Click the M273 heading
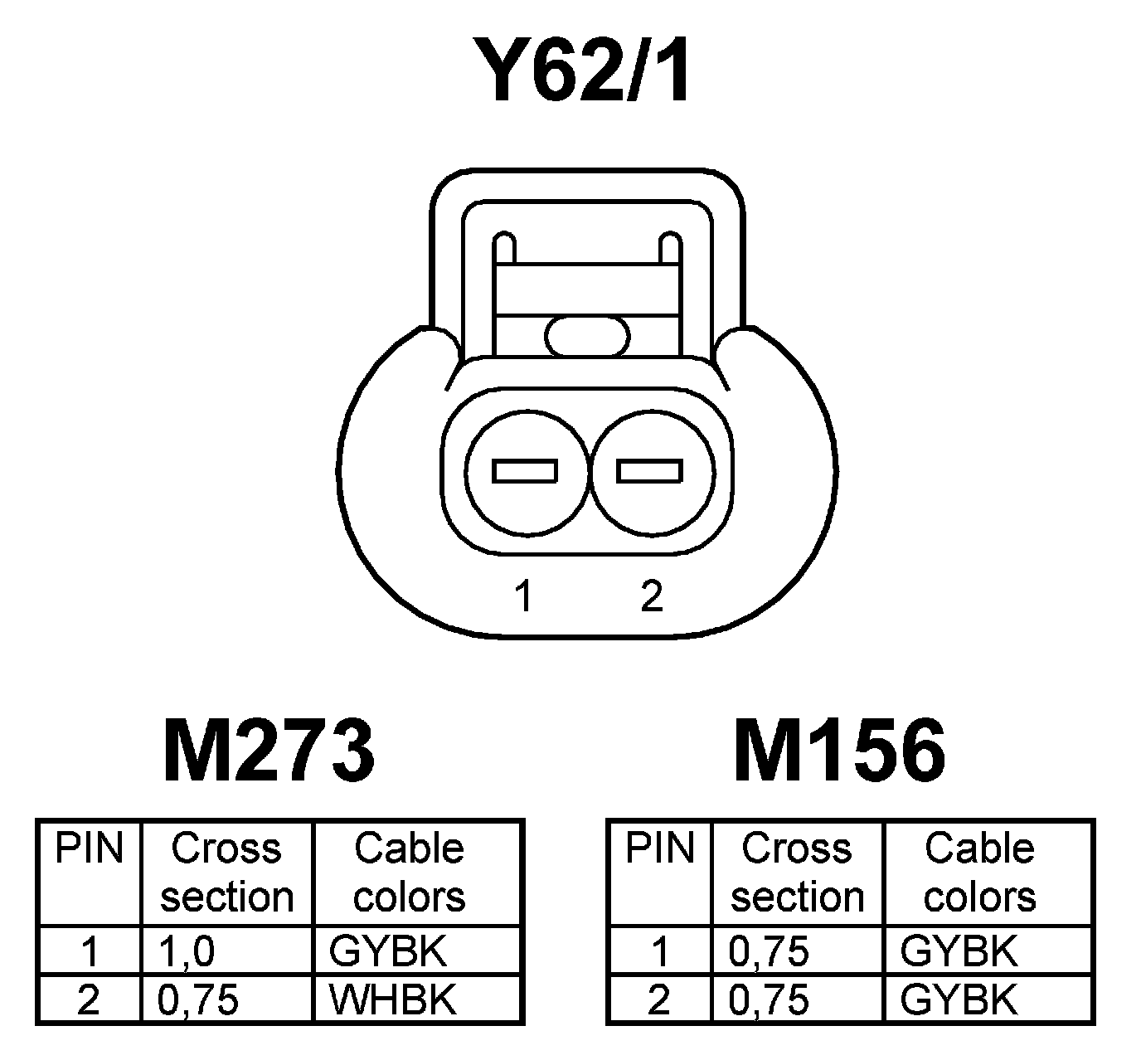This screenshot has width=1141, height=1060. click(x=269, y=752)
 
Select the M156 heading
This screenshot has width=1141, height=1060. click(x=839, y=752)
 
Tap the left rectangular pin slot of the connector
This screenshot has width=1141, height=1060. click(x=525, y=471)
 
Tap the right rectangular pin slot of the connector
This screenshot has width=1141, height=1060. click(x=650, y=471)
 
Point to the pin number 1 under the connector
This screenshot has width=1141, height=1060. click(x=523, y=596)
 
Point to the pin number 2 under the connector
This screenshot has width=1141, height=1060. click(x=652, y=596)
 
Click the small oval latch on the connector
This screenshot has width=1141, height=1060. click(x=588, y=337)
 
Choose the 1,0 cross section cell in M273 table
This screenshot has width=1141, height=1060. click(x=190, y=951)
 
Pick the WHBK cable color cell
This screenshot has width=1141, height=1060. click(x=392, y=1000)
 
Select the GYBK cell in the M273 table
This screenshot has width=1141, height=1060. click(x=387, y=951)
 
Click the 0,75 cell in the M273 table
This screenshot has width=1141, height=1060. click(x=197, y=1000)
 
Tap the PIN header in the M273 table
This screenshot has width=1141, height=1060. click(x=89, y=849)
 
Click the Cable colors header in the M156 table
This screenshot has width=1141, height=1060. click(x=979, y=873)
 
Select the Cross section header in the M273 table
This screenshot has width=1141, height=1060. click(x=226, y=873)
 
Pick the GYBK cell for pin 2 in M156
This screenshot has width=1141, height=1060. click(x=958, y=1000)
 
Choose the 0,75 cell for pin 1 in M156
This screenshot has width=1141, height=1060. click(x=768, y=951)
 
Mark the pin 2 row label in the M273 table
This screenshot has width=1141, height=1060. click(x=88, y=1000)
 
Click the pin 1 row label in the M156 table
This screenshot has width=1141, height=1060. click(x=659, y=951)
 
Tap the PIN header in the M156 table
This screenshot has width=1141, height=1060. click(x=659, y=849)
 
